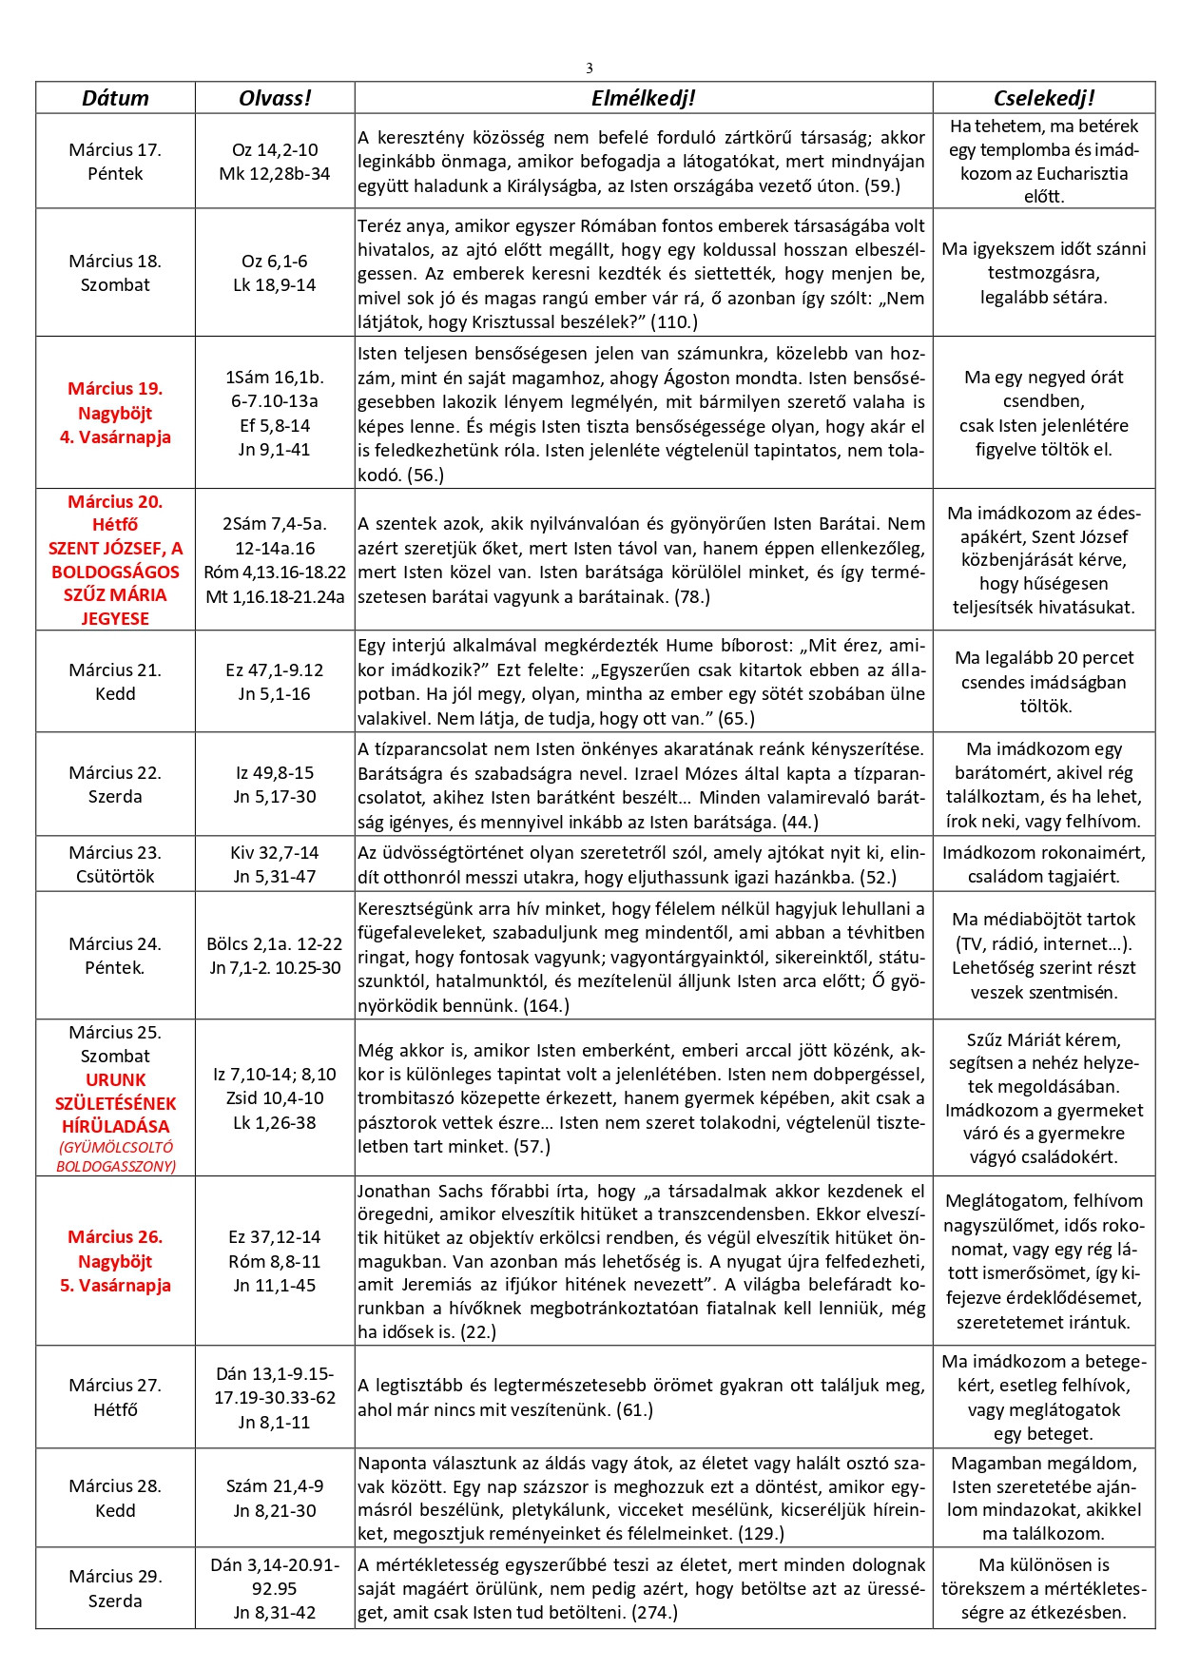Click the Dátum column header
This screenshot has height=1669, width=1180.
tap(115, 98)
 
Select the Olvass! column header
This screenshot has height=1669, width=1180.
tap(275, 98)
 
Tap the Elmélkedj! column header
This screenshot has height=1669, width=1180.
tap(643, 98)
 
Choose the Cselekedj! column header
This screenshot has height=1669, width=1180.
tap(1043, 98)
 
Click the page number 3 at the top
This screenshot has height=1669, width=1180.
tap(590, 68)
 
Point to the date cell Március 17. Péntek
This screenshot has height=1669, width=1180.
tap(115, 162)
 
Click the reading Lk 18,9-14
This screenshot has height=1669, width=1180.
tap(275, 284)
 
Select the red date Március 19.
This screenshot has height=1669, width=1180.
tap(115, 388)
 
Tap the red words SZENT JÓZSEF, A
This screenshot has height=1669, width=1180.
tap(115, 548)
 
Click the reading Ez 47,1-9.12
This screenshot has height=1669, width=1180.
tap(275, 670)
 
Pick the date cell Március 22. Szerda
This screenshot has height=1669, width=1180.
tap(115, 785)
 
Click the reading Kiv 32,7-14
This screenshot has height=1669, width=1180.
tap(275, 852)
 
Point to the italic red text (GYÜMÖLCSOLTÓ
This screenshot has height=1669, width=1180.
tap(115, 1147)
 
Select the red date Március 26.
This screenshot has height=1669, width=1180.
tap(115, 1236)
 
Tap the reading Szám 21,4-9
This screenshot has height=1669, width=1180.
tap(275, 1485)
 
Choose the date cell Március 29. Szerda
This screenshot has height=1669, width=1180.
tap(115, 1588)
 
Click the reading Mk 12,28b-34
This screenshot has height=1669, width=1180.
tap(275, 173)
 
